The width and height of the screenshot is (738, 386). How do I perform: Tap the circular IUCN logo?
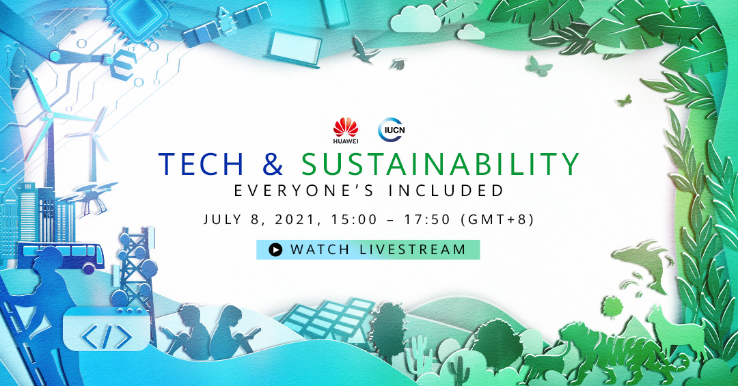pyautogui.click(x=392, y=130)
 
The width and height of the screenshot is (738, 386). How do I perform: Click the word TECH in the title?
pyautogui.click(x=202, y=164)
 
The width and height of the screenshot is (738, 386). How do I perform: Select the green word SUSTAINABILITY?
pyautogui.click(x=440, y=164)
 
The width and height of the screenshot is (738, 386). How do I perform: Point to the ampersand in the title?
pyautogui.click(x=273, y=164)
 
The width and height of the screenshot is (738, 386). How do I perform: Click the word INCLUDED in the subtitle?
pyautogui.click(x=446, y=191)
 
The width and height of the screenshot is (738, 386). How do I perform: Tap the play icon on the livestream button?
pyautogui.click(x=275, y=249)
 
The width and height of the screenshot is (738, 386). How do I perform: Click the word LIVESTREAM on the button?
pyautogui.click(x=413, y=249)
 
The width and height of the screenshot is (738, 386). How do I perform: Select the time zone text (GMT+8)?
pyautogui.click(x=498, y=220)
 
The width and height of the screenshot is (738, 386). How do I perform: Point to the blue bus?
pyautogui.click(x=61, y=257)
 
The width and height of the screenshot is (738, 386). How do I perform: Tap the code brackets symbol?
pyautogui.click(x=107, y=337)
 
